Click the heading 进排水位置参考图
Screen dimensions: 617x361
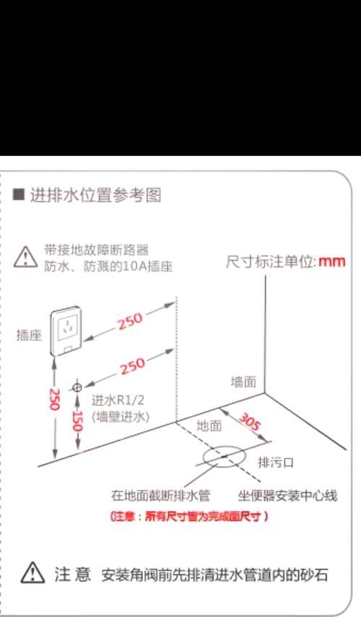[x=94, y=195]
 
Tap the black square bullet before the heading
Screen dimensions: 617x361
[x=19, y=195]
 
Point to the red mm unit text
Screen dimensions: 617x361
[x=332, y=261]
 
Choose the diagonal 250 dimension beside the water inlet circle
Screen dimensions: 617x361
[x=133, y=367]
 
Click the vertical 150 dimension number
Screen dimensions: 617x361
[x=77, y=422]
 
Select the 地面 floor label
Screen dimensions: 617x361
[x=209, y=426]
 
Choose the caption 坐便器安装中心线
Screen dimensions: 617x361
[x=289, y=496]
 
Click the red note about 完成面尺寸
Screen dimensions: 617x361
[x=189, y=517]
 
